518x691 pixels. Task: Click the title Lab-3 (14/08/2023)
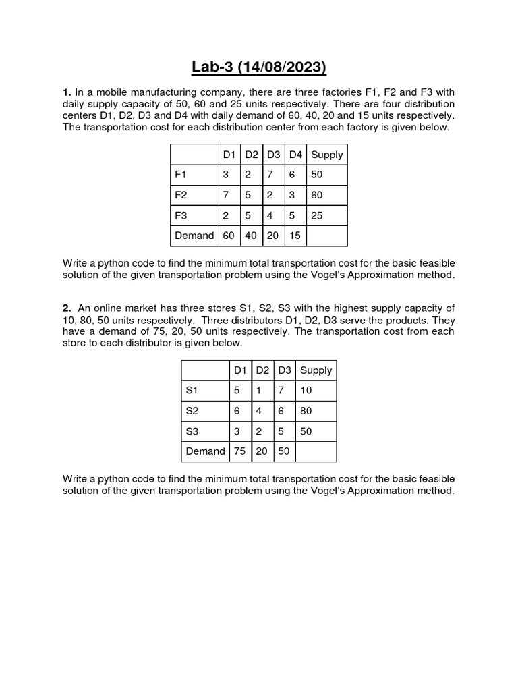tap(258, 67)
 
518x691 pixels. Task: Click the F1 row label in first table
tap(181, 175)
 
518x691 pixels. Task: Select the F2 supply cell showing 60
tap(317, 195)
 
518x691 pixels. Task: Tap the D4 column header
tap(295, 155)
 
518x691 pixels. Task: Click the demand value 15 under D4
tap(295, 236)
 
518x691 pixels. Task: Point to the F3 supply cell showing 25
tap(317, 215)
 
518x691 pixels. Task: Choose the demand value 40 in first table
tap(251, 236)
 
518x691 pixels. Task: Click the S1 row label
tap(192, 390)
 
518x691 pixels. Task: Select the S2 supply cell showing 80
tap(306, 410)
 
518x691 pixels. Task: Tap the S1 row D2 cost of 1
tap(259, 390)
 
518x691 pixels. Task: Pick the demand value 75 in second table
tap(239, 451)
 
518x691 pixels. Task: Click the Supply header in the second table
tap(316, 370)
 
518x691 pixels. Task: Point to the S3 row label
tap(192, 431)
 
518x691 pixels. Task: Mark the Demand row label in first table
tap(194, 236)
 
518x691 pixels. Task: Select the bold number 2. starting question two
tap(67, 308)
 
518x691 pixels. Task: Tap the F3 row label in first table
tap(181, 215)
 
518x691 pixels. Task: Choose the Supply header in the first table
tap(327, 155)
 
